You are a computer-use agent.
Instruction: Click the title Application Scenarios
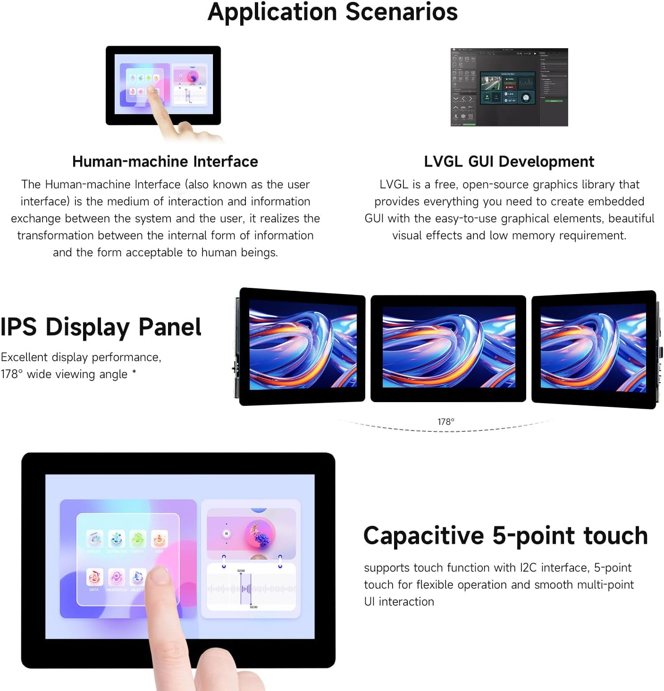click(x=332, y=12)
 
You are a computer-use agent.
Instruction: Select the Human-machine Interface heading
click(x=165, y=161)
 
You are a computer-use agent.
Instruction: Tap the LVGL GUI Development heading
click(x=509, y=161)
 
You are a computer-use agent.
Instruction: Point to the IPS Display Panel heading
click(x=101, y=327)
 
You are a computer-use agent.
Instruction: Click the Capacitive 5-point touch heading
click(x=505, y=536)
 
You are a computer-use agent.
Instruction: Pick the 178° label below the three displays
click(x=445, y=421)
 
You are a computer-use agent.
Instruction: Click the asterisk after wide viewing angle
click(x=134, y=373)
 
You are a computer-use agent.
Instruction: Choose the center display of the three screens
click(x=448, y=348)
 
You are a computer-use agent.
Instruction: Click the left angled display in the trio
click(x=302, y=347)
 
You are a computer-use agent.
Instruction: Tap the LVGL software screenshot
click(x=509, y=87)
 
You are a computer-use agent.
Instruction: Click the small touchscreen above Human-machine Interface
click(x=163, y=85)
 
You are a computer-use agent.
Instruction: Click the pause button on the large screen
click(x=227, y=534)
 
